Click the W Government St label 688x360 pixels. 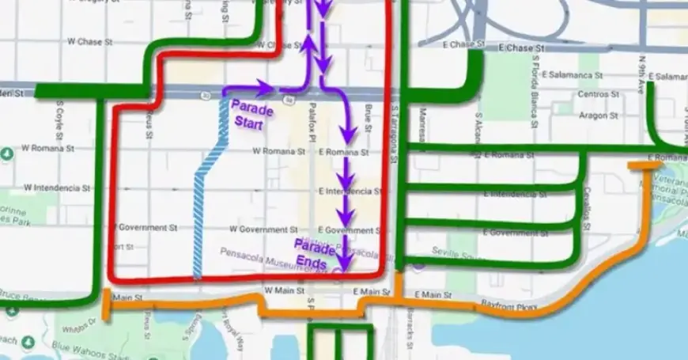[x=259, y=229]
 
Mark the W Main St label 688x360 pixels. [x=285, y=291]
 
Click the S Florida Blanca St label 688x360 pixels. [x=535, y=76]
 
